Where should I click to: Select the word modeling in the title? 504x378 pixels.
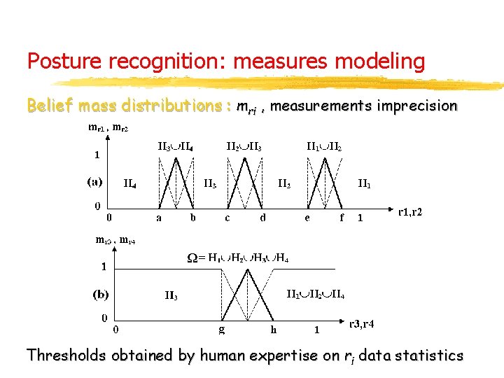384,62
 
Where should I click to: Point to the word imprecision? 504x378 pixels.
416,107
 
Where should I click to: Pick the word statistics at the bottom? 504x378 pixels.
429,356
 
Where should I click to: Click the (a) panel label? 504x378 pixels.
94,181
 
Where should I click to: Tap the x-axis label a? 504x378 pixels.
159,218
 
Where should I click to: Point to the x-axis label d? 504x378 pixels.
262,218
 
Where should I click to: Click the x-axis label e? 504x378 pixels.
307,218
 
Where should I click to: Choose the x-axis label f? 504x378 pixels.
342,218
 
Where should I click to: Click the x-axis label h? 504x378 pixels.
274,328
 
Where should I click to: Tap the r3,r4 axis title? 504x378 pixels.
362,324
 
